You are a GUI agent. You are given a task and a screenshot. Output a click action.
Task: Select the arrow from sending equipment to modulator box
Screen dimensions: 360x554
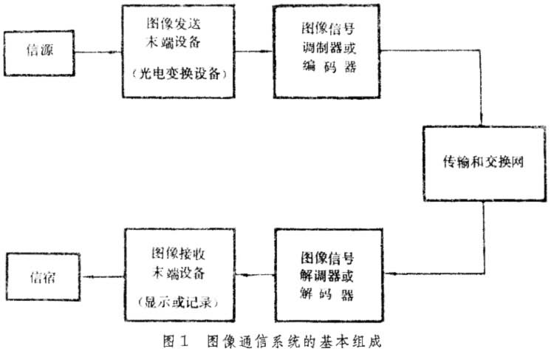click(x=249, y=52)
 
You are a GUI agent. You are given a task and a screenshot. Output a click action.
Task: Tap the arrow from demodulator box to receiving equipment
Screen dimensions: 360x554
click(x=253, y=276)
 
